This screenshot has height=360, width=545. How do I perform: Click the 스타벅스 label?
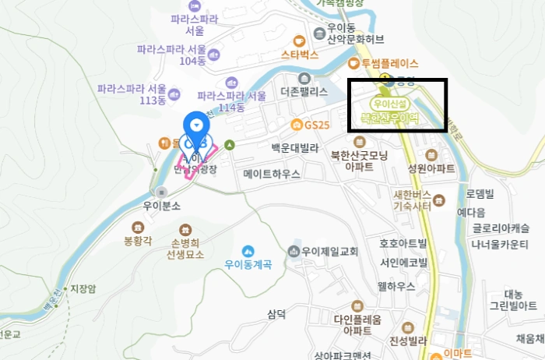click(300, 55)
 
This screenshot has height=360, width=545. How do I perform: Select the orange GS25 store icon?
click(296, 125)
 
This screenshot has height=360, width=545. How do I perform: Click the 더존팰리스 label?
click(304, 91)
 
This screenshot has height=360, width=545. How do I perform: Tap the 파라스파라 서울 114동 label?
click(231, 101)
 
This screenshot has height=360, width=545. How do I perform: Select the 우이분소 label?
click(161, 206)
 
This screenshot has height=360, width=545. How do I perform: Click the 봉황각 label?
click(139, 241)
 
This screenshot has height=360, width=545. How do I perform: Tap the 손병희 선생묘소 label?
click(185, 248)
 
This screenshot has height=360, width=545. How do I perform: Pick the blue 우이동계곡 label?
click(248, 264)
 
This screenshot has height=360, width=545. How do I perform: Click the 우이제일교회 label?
click(329, 251)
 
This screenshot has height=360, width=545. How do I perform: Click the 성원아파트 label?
click(431, 168)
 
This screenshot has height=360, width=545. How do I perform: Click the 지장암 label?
click(83, 288)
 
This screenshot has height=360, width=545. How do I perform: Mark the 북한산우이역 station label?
click(390, 118)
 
